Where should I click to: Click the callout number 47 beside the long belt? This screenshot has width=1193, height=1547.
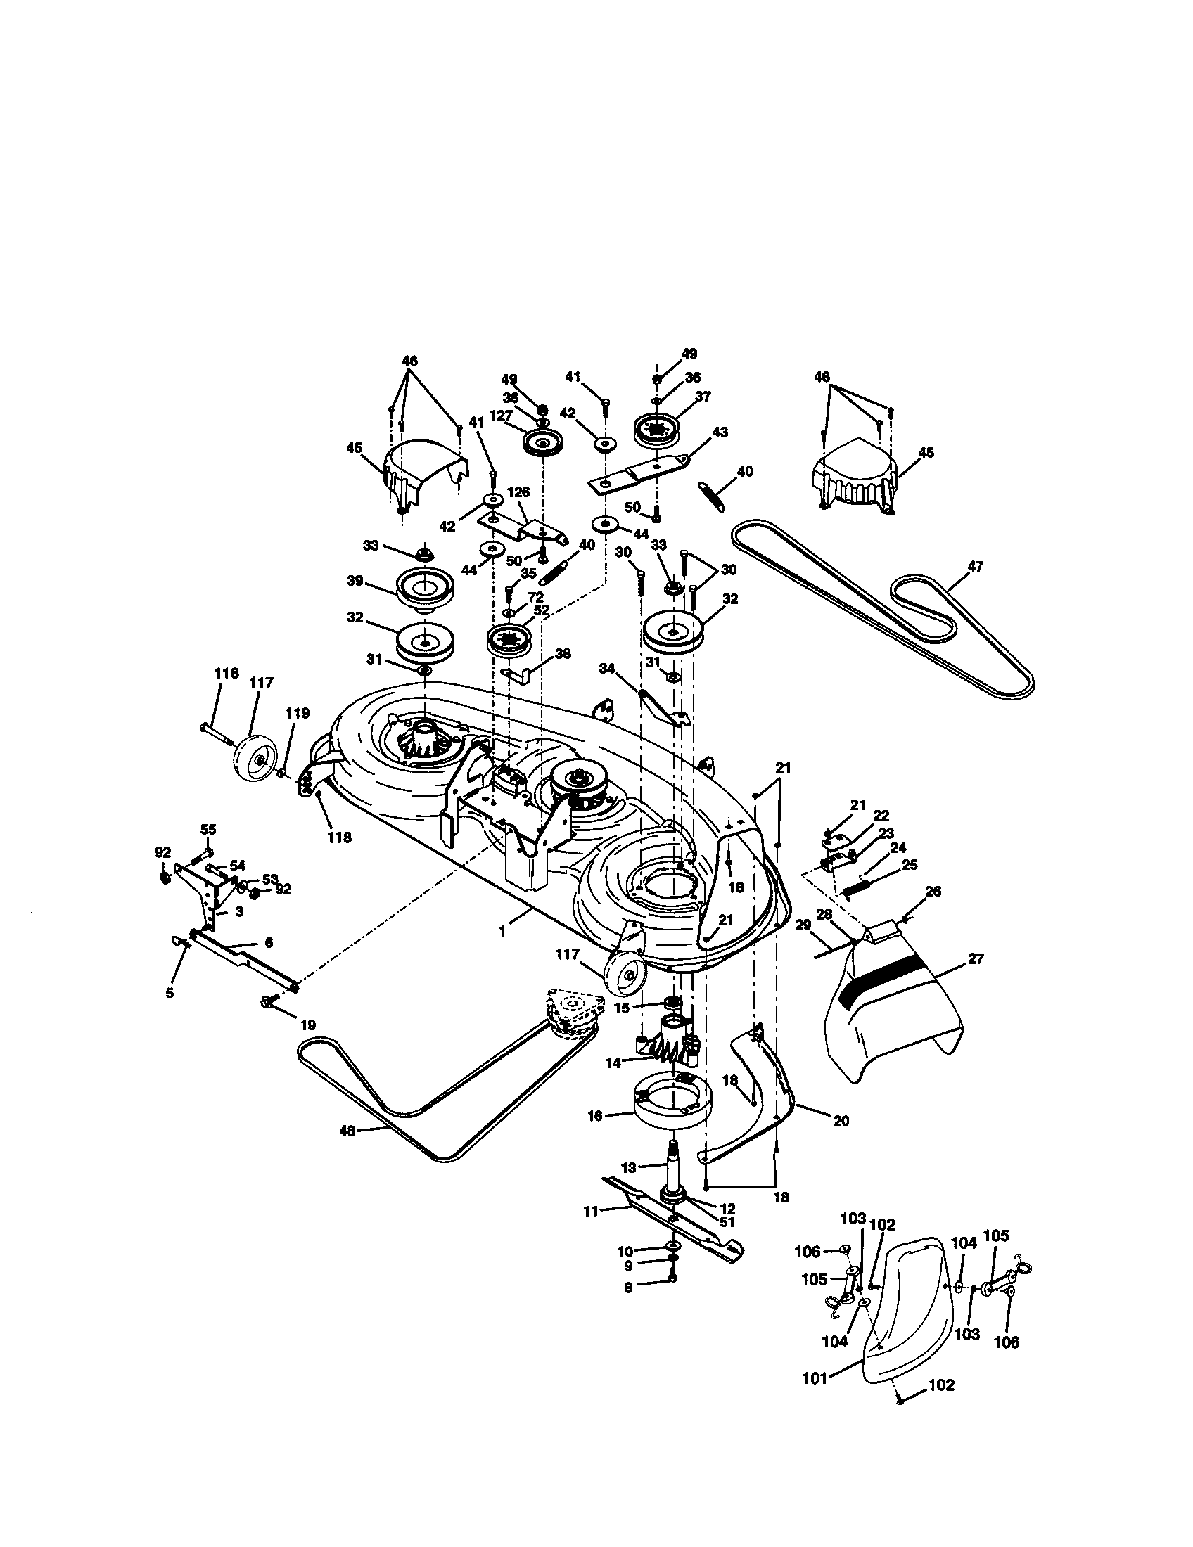976,567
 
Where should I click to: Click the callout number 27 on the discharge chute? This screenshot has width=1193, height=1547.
976,958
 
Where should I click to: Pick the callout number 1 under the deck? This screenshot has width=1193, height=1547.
502,932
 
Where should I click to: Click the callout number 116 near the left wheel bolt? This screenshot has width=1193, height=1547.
227,673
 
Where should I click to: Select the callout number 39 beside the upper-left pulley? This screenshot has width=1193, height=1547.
355,581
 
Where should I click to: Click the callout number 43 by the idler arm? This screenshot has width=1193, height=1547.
720,431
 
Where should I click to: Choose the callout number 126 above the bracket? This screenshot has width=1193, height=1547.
518,492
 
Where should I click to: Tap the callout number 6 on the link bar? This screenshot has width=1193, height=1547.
268,943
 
